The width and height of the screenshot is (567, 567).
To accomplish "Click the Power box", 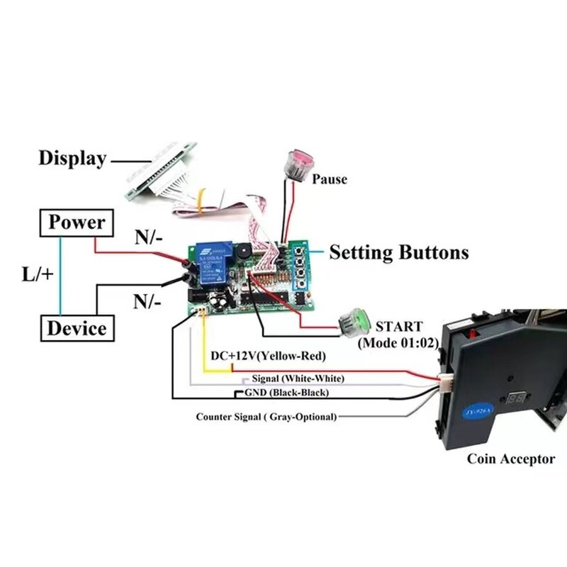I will coord(77,223).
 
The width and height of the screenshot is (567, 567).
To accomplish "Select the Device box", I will coord(77,328).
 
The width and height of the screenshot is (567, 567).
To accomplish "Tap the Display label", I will coord(72,158).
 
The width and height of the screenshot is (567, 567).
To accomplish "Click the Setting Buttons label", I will coord(399,252).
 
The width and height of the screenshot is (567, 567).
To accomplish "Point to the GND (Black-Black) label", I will coord(286,392).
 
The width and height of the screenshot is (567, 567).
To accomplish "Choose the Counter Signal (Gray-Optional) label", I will coord(266,417).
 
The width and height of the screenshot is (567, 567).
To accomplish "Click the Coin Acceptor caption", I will coord(510,459).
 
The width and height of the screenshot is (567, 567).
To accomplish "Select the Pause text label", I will coord(330,179).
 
